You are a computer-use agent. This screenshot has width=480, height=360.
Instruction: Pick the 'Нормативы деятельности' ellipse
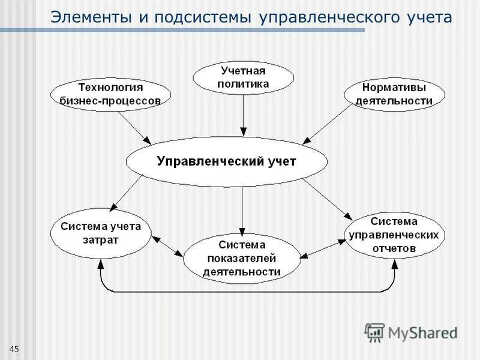(x=394, y=94)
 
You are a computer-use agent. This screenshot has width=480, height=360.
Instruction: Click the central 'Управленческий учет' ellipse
(x=226, y=161)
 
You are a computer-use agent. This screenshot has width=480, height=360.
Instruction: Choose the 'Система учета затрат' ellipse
(x=101, y=233)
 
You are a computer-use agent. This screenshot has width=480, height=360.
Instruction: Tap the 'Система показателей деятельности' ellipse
(x=242, y=259)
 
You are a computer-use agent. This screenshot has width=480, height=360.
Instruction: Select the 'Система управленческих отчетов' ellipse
(x=394, y=235)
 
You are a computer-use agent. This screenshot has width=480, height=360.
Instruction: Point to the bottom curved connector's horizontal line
(x=246, y=292)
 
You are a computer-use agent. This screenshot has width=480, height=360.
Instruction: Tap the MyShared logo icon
(x=374, y=332)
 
